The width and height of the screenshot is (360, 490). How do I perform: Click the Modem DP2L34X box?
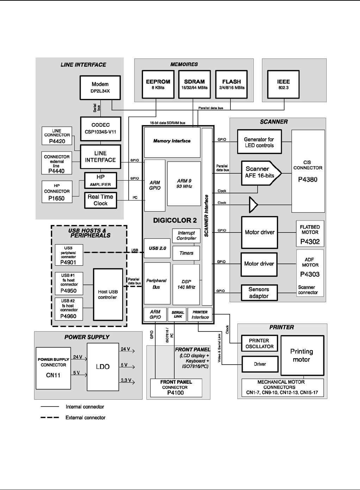(100, 87)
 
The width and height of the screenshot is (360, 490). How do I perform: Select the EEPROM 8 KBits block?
(158, 84)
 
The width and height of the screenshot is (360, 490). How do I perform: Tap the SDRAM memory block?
(194, 84)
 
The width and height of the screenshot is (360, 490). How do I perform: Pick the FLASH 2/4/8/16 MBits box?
(231, 84)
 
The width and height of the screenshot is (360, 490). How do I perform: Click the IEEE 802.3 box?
(283, 84)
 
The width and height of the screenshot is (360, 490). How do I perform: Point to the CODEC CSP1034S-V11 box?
(100, 129)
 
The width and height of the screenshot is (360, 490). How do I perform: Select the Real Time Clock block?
(100, 200)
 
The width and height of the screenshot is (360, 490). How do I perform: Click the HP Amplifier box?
(100, 180)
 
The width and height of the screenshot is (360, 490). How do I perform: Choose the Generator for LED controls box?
(259, 142)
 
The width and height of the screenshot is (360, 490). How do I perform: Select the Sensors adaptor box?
(259, 293)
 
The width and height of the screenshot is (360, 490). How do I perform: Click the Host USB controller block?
(108, 294)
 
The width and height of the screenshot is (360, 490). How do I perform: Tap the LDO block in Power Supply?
(103, 367)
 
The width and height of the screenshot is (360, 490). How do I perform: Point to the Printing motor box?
(302, 355)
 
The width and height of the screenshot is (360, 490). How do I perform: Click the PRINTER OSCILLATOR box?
(259, 343)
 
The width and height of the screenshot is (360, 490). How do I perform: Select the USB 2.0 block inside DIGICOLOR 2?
(157, 248)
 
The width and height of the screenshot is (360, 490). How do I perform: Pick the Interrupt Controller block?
(186, 236)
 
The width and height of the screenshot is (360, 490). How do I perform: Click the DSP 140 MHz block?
(186, 284)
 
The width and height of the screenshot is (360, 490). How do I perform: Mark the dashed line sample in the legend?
(50, 418)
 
